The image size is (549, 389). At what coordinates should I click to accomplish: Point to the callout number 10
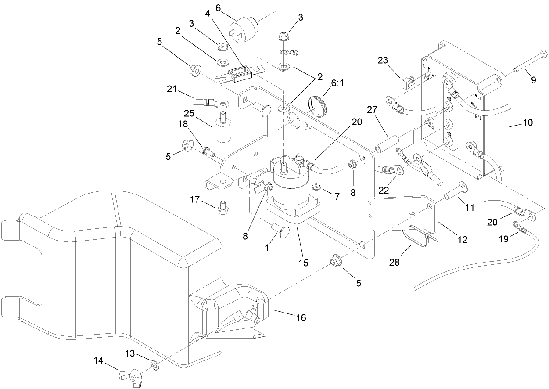tap(527, 122)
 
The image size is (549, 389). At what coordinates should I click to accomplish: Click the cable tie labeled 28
tap(417, 238)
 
